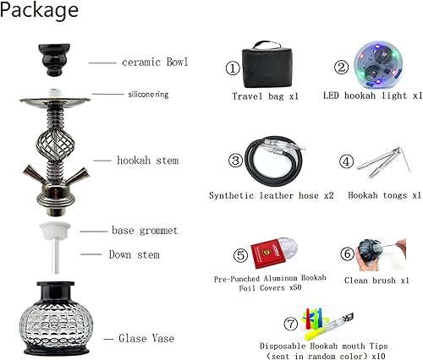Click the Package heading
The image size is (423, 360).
pyautogui.click(x=41, y=11)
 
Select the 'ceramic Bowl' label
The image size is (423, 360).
pyautogui.click(x=154, y=63)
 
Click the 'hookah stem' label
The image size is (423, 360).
pyautogui.click(x=148, y=160)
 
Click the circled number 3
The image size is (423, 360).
pyautogui.click(x=236, y=160)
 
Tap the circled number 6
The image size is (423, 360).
pyautogui.click(x=347, y=254)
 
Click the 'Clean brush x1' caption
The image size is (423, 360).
pyautogui.click(x=377, y=280)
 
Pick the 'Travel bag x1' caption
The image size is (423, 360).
pyautogui.click(x=265, y=96)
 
